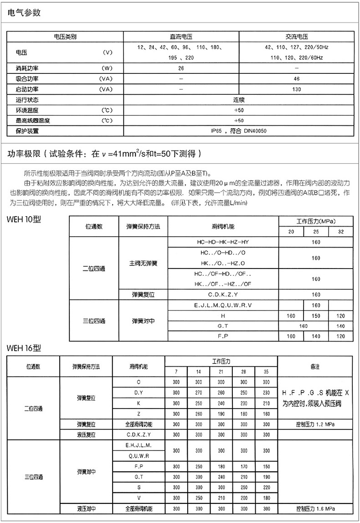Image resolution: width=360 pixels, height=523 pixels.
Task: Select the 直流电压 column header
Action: [x=181, y=37]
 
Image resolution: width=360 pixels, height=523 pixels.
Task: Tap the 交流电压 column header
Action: [x=297, y=37]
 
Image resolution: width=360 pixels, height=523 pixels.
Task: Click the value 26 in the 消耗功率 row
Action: [x=181, y=68]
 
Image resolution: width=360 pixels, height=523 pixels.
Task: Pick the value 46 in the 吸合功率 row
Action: [x=297, y=79]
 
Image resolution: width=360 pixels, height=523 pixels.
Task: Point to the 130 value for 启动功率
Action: [x=297, y=89]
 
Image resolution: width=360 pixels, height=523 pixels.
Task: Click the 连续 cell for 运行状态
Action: [x=239, y=100]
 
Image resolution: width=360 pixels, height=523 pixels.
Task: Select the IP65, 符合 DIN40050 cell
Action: [x=239, y=131]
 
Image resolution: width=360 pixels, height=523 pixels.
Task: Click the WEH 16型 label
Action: [x=24, y=348]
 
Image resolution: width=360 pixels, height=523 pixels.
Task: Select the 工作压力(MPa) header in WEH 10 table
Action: [x=316, y=221]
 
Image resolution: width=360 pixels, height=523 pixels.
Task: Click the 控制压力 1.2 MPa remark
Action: [x=315, y=425]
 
